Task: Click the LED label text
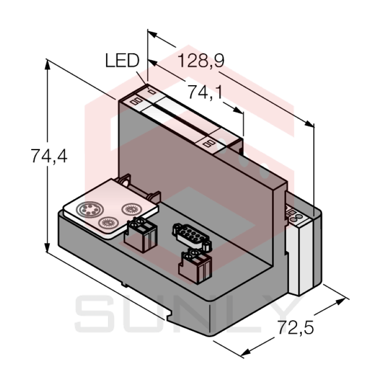122,61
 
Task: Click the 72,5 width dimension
296,328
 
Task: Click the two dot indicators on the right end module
297,217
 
